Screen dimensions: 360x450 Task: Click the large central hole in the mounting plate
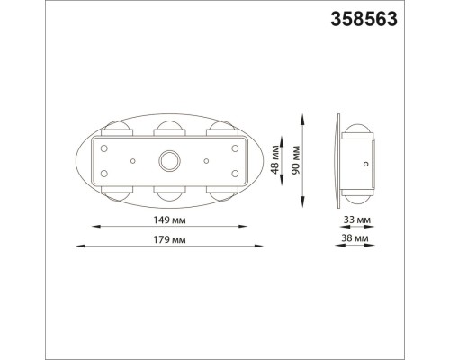click(169, 161)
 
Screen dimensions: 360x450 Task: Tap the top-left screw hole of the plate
click(104, 147)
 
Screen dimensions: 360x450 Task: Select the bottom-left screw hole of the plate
click(104, 174)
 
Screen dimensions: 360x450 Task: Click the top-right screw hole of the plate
click(235, 147)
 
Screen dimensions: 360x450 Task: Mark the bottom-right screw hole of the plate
click(235, 174)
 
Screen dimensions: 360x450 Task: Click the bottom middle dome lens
click(169, 193)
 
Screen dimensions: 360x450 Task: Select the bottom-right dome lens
click(221, 193)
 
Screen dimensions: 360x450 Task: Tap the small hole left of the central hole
click(132, 160)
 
